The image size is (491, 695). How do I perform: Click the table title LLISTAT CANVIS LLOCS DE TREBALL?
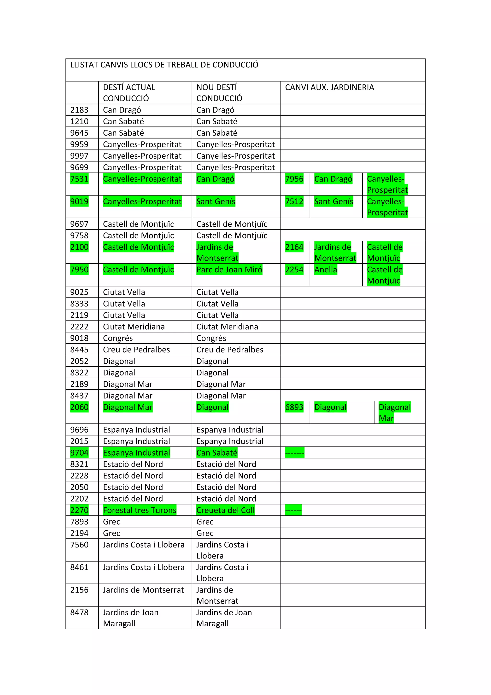[x=164, y=65]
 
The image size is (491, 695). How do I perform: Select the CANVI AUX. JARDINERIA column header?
[x=329, y=88]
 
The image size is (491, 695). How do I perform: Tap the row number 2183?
[x=79, y=110]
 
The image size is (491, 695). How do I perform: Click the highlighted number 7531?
[x=79, y=179]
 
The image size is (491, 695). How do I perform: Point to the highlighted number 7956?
[x=294, y=179]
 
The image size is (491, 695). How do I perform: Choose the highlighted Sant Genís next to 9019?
[x=216, y=202]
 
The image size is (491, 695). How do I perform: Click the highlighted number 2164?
[x=294, y=247]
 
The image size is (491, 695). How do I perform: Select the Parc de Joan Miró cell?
[x=229, y=270]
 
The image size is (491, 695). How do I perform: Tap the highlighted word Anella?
[x=326, y=270]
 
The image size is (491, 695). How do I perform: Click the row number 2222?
[x=79, y=327]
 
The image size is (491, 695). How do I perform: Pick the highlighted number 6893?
[x=294, y=407]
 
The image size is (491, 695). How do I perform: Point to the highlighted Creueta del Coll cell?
[x=225, y=510]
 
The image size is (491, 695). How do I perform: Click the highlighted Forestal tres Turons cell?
[x=140, y=510]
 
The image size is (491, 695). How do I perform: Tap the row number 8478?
[x=79, y=612]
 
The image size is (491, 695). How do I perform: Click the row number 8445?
[x=79, y=350]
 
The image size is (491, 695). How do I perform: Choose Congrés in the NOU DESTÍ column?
[x=211, y=338]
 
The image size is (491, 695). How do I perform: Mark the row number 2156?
[x=79, y=590]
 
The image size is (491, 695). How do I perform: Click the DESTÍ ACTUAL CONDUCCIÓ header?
[x=129, y=93]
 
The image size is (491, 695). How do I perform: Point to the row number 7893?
[x=79, y=522]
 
